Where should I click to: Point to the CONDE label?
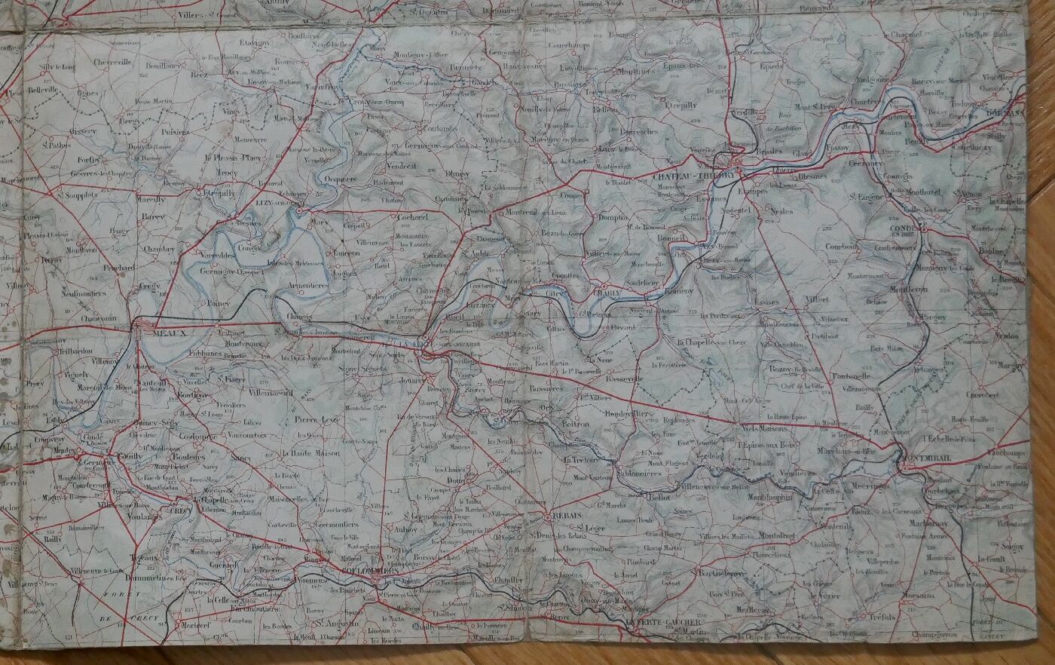coord(902,229)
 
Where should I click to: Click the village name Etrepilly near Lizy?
coord(219,192)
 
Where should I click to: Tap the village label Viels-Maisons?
coord(764,427)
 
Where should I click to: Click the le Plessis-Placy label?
coord(232,158)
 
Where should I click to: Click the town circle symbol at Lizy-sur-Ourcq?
coord(299,213)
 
